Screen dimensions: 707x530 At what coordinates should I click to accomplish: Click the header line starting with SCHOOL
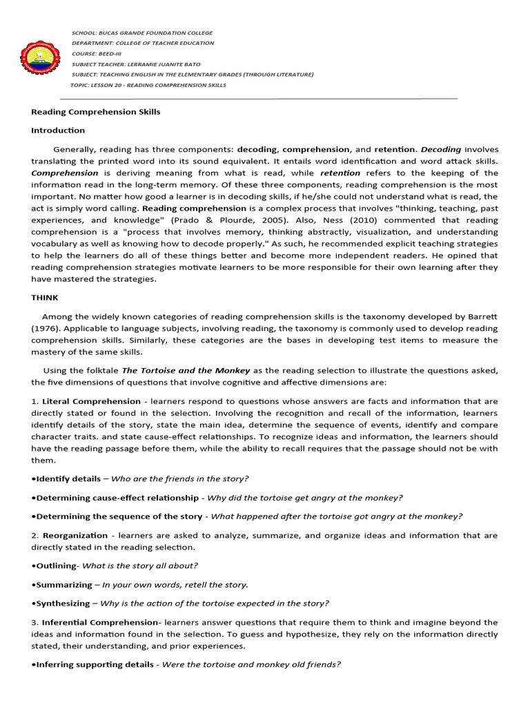click(142, 32)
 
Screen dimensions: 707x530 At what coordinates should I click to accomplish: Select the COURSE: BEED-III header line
click(101, 53)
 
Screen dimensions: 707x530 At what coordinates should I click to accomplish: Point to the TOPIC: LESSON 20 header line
click(148, 85)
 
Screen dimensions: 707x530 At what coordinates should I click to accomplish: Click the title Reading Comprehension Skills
click(96, 111)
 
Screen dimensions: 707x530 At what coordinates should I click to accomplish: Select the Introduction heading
click(58, 130)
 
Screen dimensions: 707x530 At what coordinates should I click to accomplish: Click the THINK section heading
click(45, 298)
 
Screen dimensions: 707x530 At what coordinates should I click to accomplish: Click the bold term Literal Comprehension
click(91, 400)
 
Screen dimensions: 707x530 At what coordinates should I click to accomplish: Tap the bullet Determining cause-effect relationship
click(117, 497)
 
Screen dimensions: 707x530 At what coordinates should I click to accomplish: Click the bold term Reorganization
click(75, 535)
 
